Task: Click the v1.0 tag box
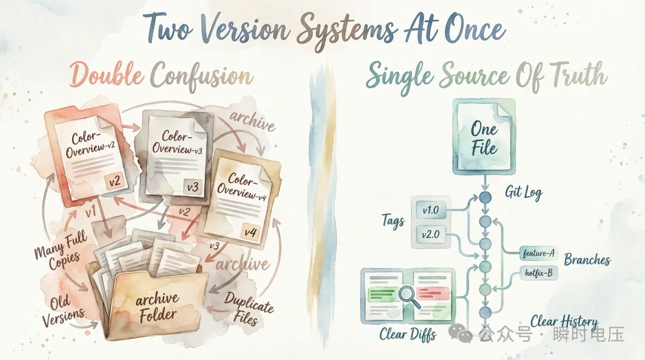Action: (431, 210)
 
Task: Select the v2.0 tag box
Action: (431, 235)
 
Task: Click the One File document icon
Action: (484, 138)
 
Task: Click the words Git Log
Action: (524, 192)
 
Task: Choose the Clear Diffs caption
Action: (408, 335)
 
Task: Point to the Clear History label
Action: (564, 322)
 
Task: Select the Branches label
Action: (587, 260)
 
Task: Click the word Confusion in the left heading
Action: (201, 76)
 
